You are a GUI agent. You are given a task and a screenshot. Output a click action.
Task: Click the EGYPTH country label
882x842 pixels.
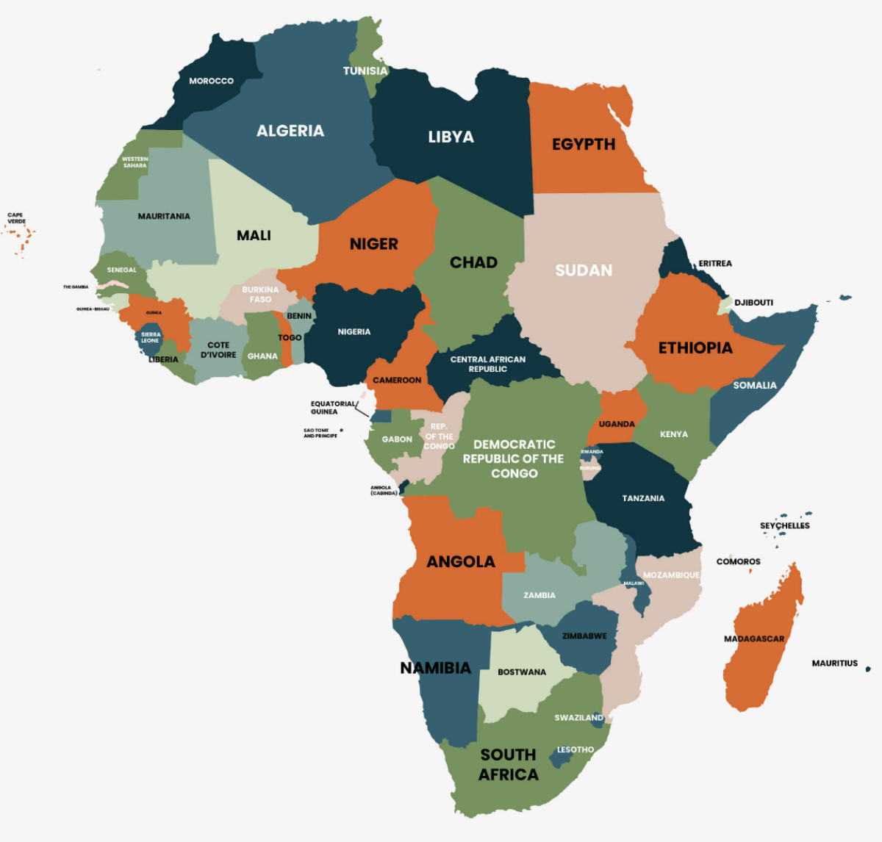click(584, 144)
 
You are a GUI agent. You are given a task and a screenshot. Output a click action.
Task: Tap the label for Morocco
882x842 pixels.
click(211, 81)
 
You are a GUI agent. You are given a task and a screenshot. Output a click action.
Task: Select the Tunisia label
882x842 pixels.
click(365, 71)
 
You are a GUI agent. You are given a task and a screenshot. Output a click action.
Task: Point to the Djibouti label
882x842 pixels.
click(753, 303)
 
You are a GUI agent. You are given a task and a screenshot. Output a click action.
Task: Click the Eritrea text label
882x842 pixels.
click(714, 263)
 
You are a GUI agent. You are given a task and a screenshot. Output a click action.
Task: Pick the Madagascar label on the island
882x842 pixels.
click(754, 638)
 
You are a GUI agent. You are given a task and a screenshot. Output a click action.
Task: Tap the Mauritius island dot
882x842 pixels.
click(868, 669)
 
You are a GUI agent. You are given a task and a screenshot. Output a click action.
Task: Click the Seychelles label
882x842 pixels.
click(784, 525)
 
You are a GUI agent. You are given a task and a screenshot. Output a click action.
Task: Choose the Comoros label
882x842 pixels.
click(738, 561)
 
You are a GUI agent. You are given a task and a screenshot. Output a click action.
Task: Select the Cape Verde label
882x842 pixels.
click(15, 218)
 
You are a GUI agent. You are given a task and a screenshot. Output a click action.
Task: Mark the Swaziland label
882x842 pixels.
click(578, 718)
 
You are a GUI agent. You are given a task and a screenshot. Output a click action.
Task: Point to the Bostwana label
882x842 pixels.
click(522, 672)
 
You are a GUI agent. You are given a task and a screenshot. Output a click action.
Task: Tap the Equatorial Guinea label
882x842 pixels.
click(333, 407)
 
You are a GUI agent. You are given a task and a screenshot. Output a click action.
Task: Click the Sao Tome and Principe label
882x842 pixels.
click(320, 433)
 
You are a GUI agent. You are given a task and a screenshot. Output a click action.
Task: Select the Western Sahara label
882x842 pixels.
click(135, 162)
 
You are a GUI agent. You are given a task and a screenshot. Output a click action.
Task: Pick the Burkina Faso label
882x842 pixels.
click(260, 295)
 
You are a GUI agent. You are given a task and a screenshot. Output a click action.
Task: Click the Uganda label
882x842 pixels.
click(617, 424)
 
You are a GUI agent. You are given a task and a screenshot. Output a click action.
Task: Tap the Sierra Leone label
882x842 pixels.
click(150, 337)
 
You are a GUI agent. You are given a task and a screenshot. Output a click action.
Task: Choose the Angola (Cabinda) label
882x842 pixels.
click(383, 490)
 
